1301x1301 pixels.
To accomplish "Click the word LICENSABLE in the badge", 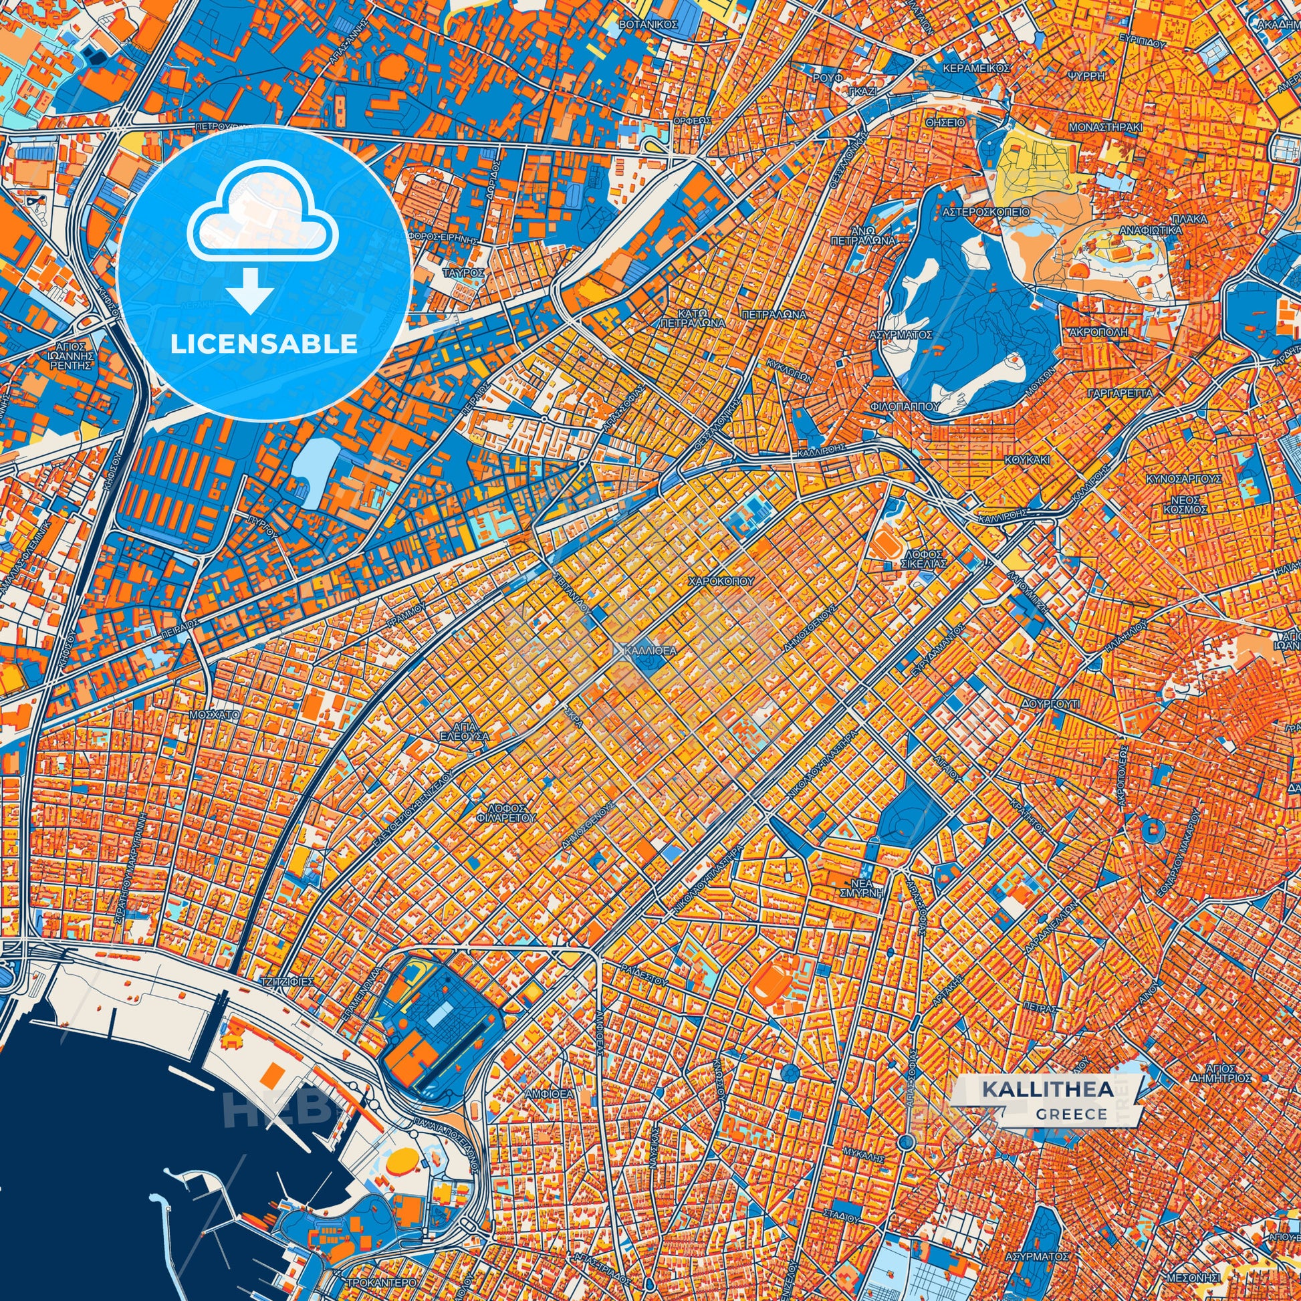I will tap(263, 344).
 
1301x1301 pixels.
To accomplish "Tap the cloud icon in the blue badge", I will tap(263, 213).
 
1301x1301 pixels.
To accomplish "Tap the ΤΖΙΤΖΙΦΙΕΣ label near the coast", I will tap(288, 981).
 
